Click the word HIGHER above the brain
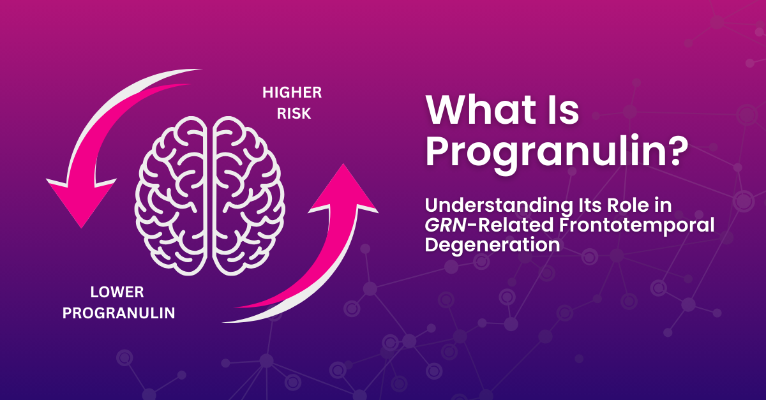click(x=292, y=93)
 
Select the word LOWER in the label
click(x=117, y=293)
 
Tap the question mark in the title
click(x=675, y=153)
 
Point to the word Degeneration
click(x=493, y=245)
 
